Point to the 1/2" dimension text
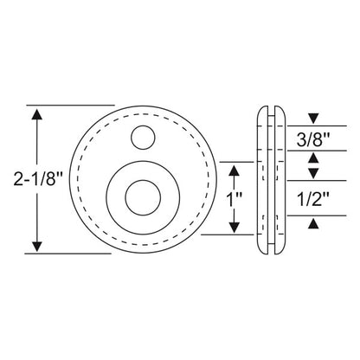312,198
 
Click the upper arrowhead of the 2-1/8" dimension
36,112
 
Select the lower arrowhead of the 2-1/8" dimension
36,247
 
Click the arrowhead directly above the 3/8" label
312,118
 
